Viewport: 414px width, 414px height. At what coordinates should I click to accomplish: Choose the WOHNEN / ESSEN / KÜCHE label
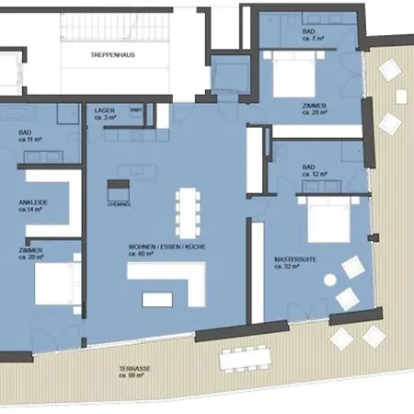[x=155, y=250]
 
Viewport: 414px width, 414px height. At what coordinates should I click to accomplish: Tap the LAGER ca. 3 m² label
[x=106, y=114]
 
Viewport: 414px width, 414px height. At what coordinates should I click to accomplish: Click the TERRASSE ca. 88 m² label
[x=136, y=372]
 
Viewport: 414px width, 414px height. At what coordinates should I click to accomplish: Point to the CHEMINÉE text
[x=119, y=204]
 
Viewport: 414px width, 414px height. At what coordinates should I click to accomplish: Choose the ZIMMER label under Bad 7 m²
[x=316, y=109]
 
